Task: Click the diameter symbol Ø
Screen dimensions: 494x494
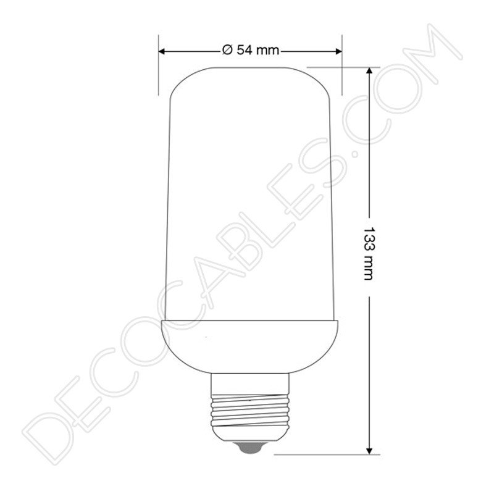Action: point(226,51)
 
